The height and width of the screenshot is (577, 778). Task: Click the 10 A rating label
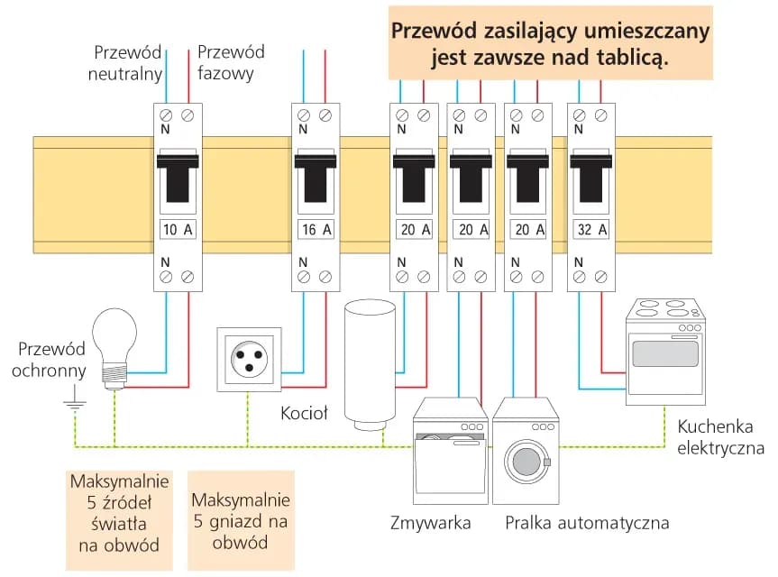pos(178,229)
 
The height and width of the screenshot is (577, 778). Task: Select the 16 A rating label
pos(315,229)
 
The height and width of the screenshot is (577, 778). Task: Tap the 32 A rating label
pos(590,229)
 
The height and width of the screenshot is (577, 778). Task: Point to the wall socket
pos(248,360)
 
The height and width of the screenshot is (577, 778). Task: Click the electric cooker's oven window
pos(665,353)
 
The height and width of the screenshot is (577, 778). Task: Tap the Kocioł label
pos(305,414)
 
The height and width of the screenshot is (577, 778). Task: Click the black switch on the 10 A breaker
pos(178,179)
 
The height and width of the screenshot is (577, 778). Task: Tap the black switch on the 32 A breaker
pos(590,179)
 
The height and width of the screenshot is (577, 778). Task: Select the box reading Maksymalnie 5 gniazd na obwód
pos(241,521)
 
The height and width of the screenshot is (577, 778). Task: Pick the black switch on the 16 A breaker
pos(315,179)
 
